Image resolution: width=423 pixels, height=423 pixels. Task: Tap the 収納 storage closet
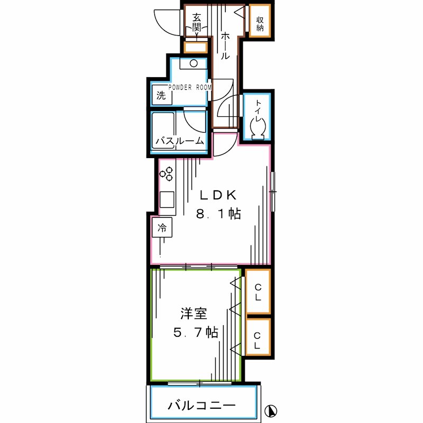[260, 22]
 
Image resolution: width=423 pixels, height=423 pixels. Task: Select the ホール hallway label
[225, 45]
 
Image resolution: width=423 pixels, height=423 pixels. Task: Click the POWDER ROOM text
[190, 87]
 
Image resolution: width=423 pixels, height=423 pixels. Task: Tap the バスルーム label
[179, 141]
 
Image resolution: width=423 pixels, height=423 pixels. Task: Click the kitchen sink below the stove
[167, 199]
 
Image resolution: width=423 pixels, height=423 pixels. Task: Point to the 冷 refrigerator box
[162, 228]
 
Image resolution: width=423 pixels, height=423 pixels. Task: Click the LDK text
[217, 195]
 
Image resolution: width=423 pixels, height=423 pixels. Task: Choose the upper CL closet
[258, 292]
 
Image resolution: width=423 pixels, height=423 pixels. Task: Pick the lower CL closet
[258, 341]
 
